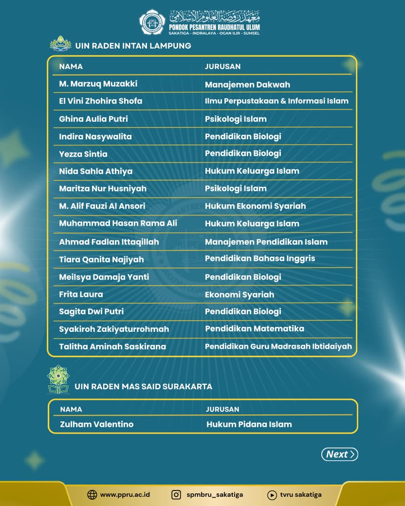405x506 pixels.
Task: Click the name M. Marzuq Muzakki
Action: point(98,84)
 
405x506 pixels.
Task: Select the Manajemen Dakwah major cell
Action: point(247,85)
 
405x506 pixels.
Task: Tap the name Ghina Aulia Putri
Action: point(93,119)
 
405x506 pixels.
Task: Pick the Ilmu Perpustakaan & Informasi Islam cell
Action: point(276,101)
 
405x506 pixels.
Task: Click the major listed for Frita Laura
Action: point(239,294)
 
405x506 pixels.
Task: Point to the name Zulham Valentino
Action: point(96,424)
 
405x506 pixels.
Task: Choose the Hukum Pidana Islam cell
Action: point(249,424)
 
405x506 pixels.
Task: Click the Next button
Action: point(339,454)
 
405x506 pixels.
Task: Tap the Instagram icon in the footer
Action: point(176,495)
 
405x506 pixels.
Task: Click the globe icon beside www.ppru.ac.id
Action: point(92,495)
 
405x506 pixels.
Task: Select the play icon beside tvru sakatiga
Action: point(272,495)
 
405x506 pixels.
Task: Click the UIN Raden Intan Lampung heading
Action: point(133,46)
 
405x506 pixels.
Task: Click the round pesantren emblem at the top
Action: point(152,22)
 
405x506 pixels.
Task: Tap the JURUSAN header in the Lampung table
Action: point(222,67)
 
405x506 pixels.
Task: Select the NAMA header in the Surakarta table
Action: point(71,409)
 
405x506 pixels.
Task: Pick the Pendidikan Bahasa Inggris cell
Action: point(260,258)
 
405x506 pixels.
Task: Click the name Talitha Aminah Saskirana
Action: point(112,346)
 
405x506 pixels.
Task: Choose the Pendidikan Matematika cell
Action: point(255,328)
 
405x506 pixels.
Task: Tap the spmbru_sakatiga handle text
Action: point(215,495)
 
